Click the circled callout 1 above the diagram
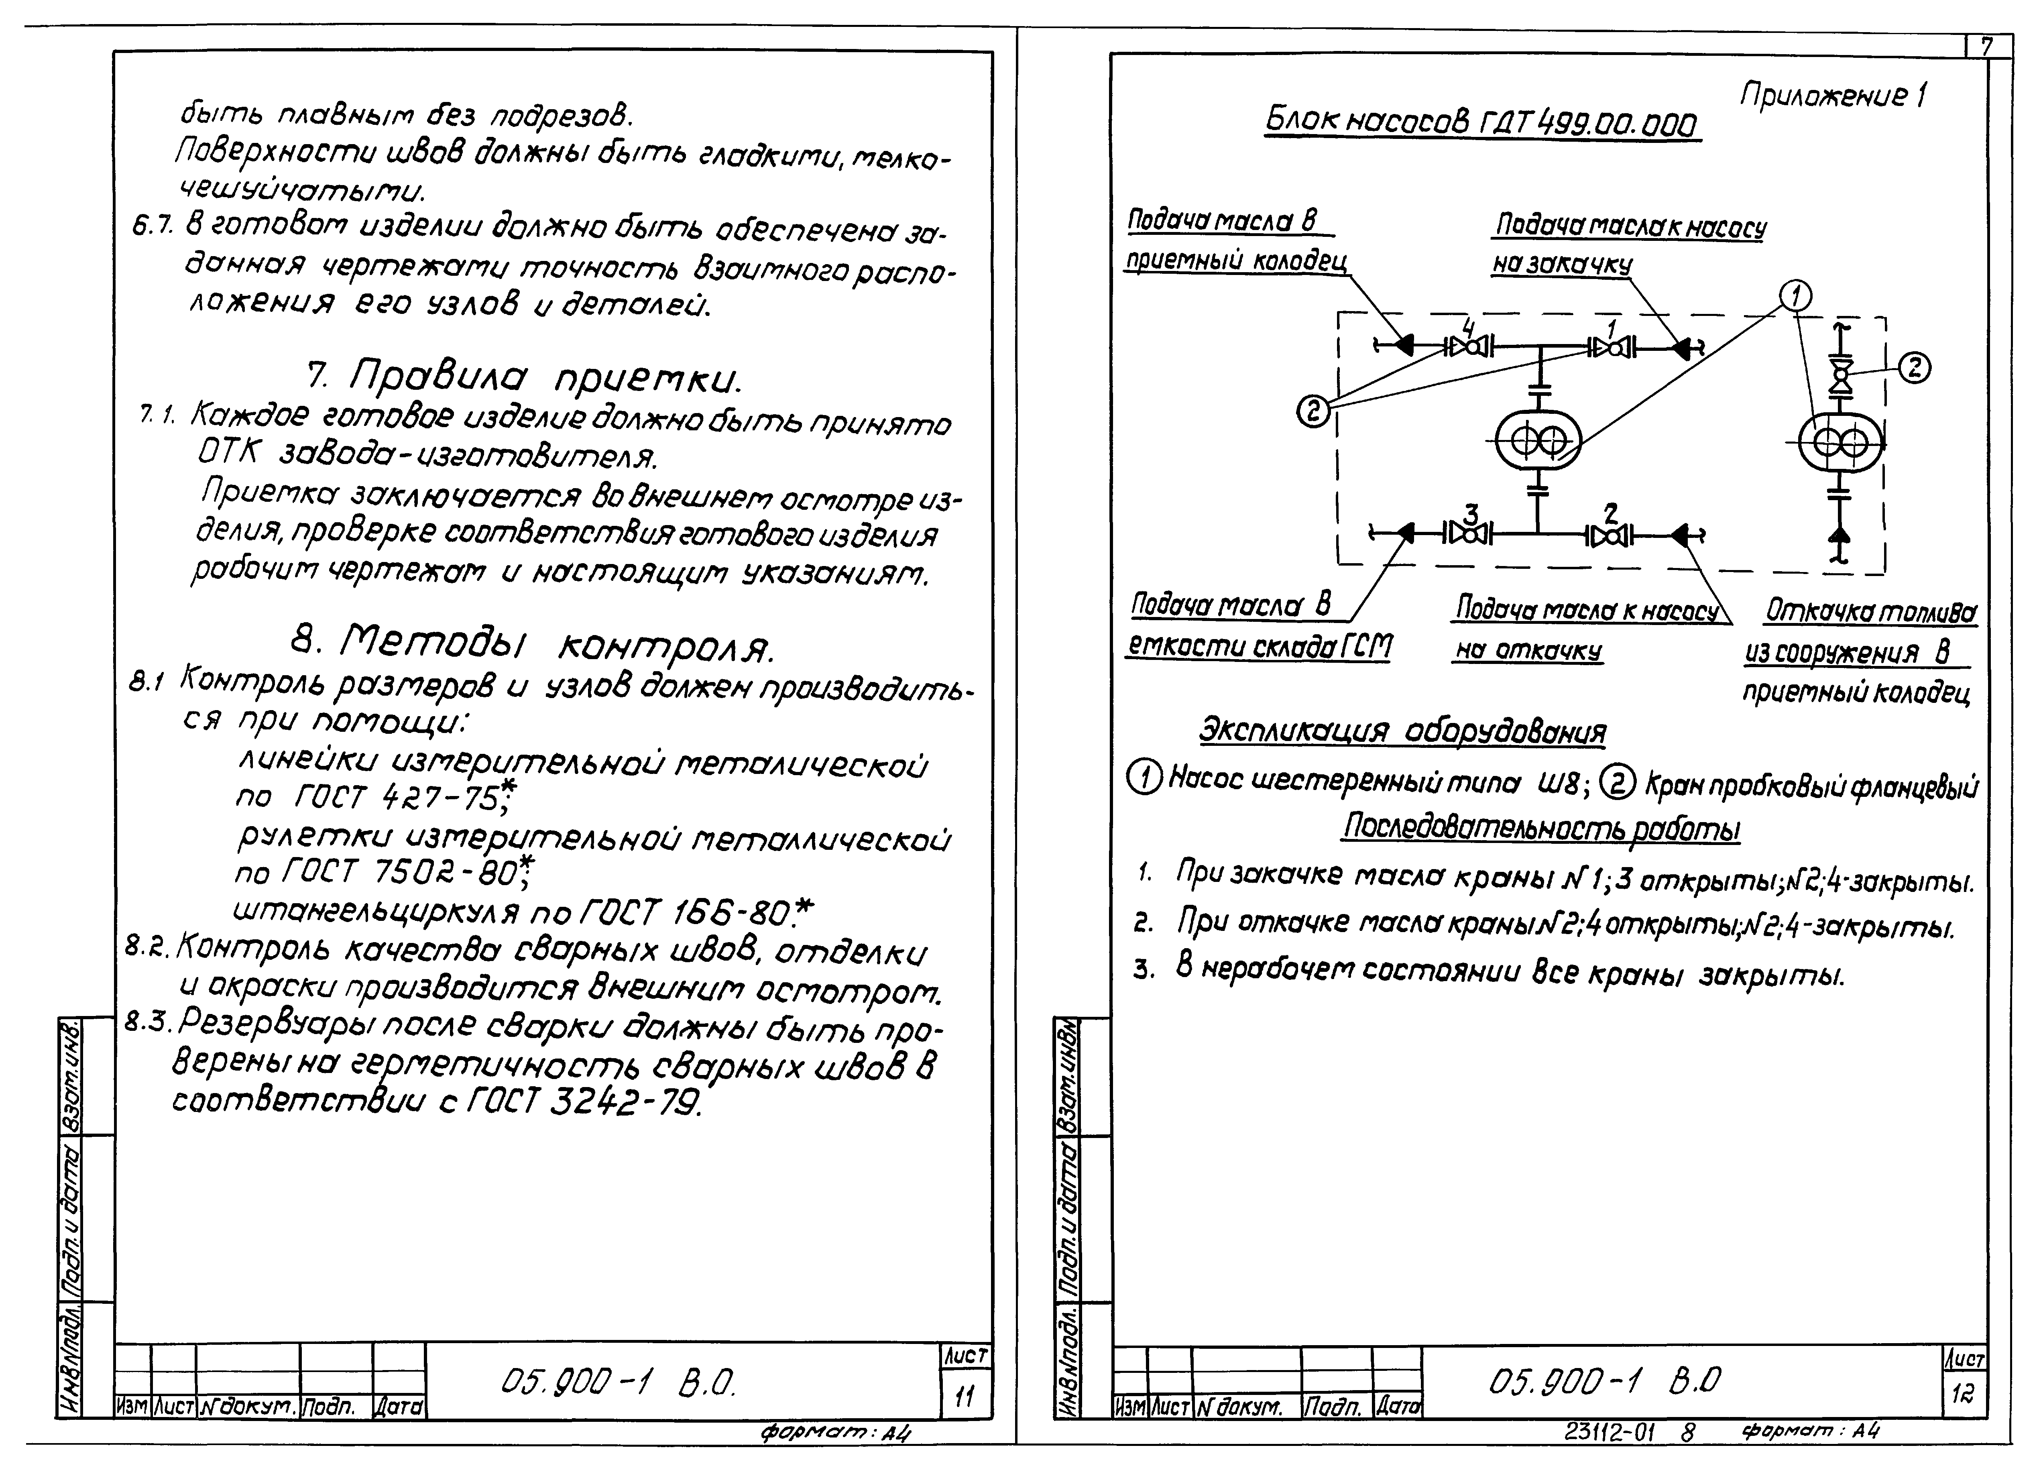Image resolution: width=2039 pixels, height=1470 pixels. point(1795,295)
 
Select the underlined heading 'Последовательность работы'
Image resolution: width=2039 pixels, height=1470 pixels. point(1540,827)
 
